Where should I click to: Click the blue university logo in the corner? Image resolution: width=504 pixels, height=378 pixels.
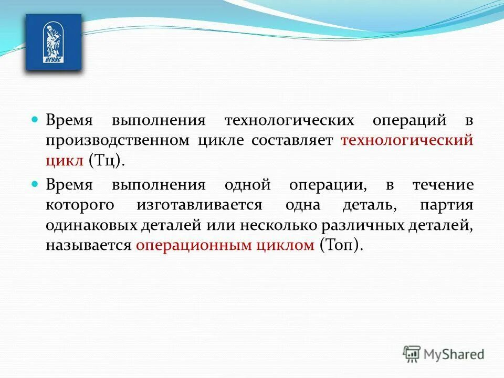pos(54,43)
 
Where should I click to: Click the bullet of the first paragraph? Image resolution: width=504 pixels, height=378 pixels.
pos(35,119)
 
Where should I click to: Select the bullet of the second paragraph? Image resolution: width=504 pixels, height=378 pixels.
pos(35,184)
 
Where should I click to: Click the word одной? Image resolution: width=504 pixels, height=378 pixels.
pos(247,185)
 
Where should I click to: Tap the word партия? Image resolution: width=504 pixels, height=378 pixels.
pos(447,205)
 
